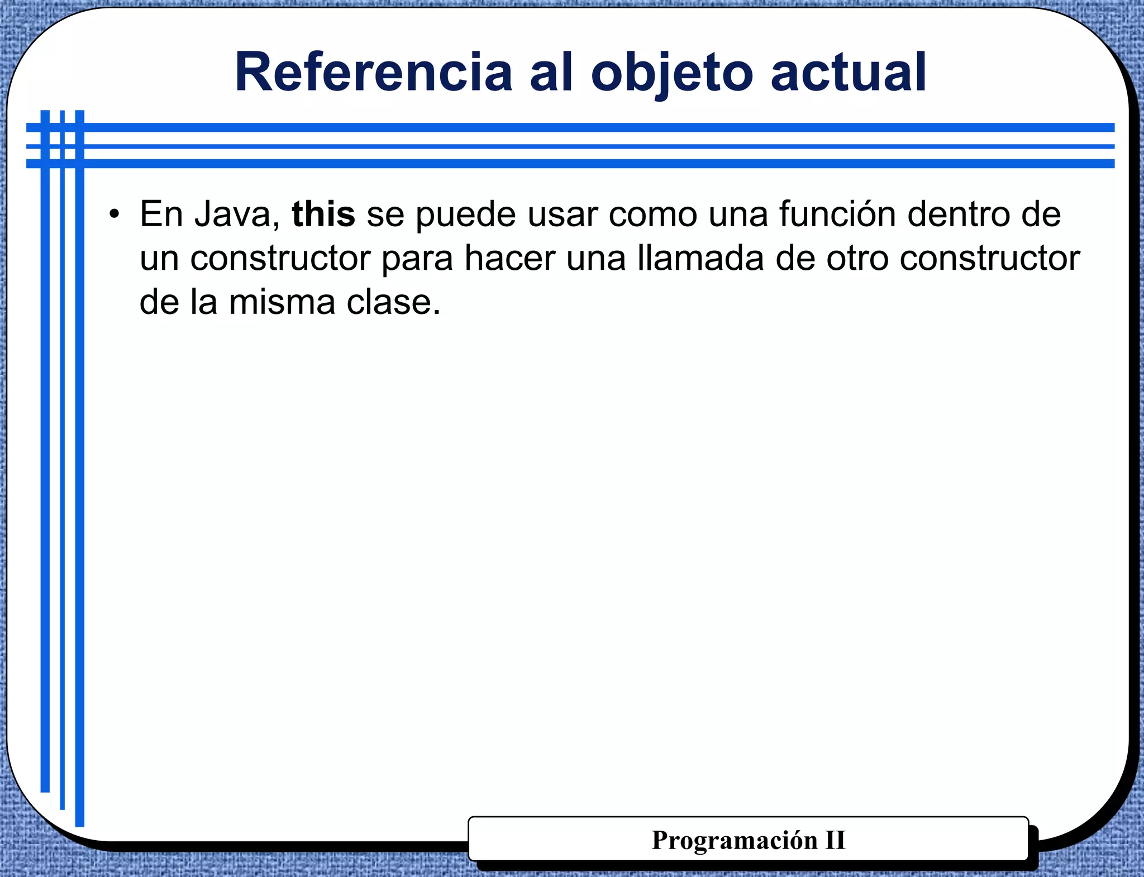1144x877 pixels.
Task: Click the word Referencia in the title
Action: click(373, 72)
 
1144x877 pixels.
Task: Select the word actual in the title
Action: click(849, 72)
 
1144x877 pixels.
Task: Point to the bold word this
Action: click(323, 214)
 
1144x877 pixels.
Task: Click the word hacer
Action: click(509, 258)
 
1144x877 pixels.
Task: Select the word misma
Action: click(282, 302)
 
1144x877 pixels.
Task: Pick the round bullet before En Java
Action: click(115, 214)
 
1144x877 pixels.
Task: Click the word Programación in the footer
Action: click(735, 840)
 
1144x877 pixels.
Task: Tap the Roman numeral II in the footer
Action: click(835, 840)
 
